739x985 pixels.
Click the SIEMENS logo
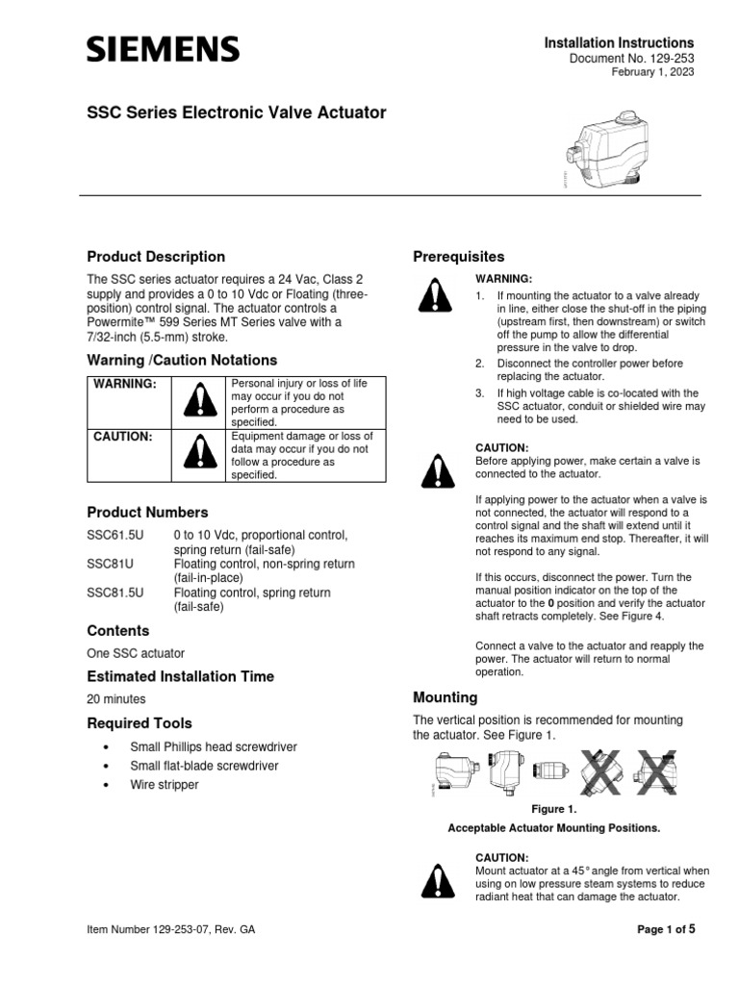click(164, 49)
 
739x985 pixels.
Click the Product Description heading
click(156, 257)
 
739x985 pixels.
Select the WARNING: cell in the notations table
click(125, 384)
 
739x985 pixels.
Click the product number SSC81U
click(108, 564)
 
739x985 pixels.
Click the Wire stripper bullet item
click(165, 785)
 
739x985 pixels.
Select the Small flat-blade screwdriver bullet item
click(204, 766)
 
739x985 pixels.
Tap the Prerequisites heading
click(458, 257)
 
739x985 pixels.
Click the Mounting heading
click(445, 697)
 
